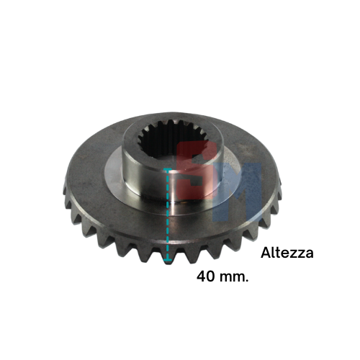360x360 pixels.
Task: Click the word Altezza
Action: (287, 253)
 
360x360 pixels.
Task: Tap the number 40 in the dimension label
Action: (206, 276)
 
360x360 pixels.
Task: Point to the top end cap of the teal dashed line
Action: (167, 169)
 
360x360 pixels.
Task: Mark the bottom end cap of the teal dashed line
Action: (167, 259)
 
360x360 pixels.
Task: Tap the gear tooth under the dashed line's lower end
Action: (167, 257)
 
